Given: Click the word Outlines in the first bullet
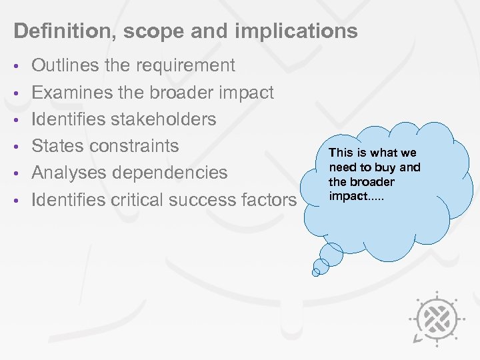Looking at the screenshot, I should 65,65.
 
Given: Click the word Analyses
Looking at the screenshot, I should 71,173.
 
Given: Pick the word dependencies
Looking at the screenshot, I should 171,173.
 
